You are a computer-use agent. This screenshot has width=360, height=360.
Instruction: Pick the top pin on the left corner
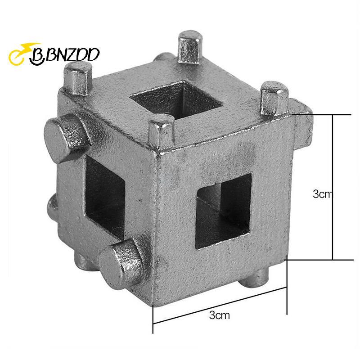[x=77, y=79]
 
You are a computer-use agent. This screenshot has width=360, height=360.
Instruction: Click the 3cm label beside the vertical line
[x=321, y=194]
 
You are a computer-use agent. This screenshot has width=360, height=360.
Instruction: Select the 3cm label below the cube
[x=220, y=315]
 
